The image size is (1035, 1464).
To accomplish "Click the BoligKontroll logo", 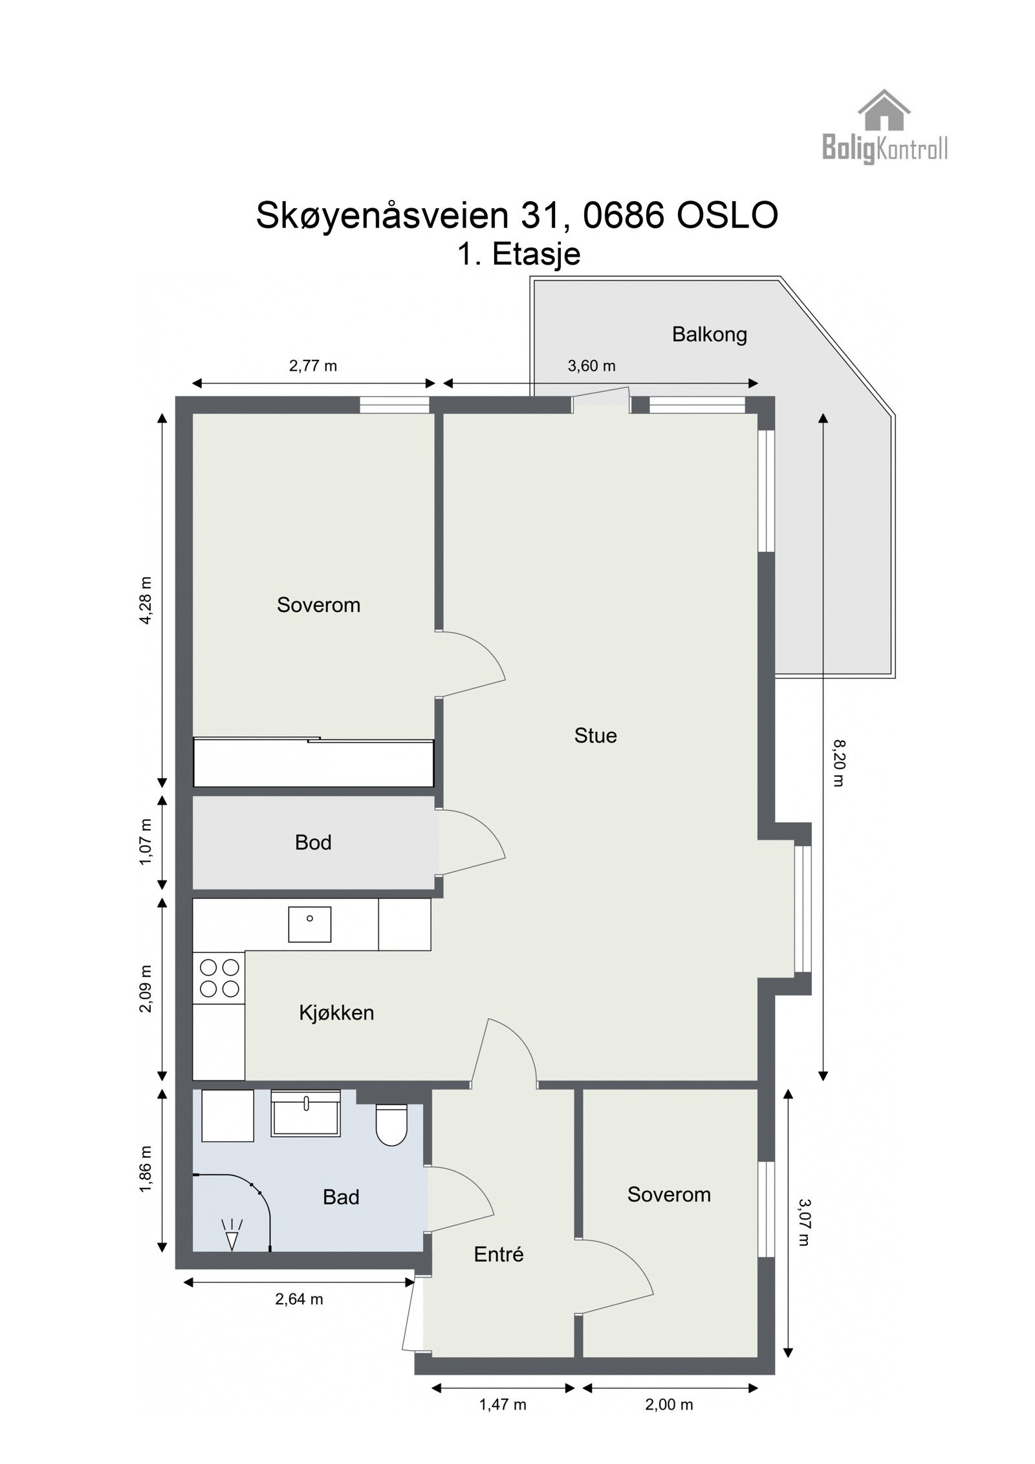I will click(x=884, y=127).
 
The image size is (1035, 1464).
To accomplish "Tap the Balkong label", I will click(x=709, y=334).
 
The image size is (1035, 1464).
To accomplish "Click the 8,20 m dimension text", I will click(x=839, y=763).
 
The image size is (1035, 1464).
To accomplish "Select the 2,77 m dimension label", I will click(x=313, y=366).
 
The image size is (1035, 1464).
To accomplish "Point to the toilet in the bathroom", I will click(x=391, y=1124).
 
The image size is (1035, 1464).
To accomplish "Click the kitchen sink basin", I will click(x=309, y=924).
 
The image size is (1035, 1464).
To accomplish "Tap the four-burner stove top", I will click(x=219, y=978).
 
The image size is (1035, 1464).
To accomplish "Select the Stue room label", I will click(x=595, y=736).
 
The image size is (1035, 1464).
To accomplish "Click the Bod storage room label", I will click(x=313, y=842).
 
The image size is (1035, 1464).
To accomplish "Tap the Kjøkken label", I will click(x=336, y=1012).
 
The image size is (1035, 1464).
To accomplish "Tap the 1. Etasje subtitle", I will click(x=519, y=254).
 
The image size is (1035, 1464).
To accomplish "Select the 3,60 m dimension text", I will click(x=591, y=366).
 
